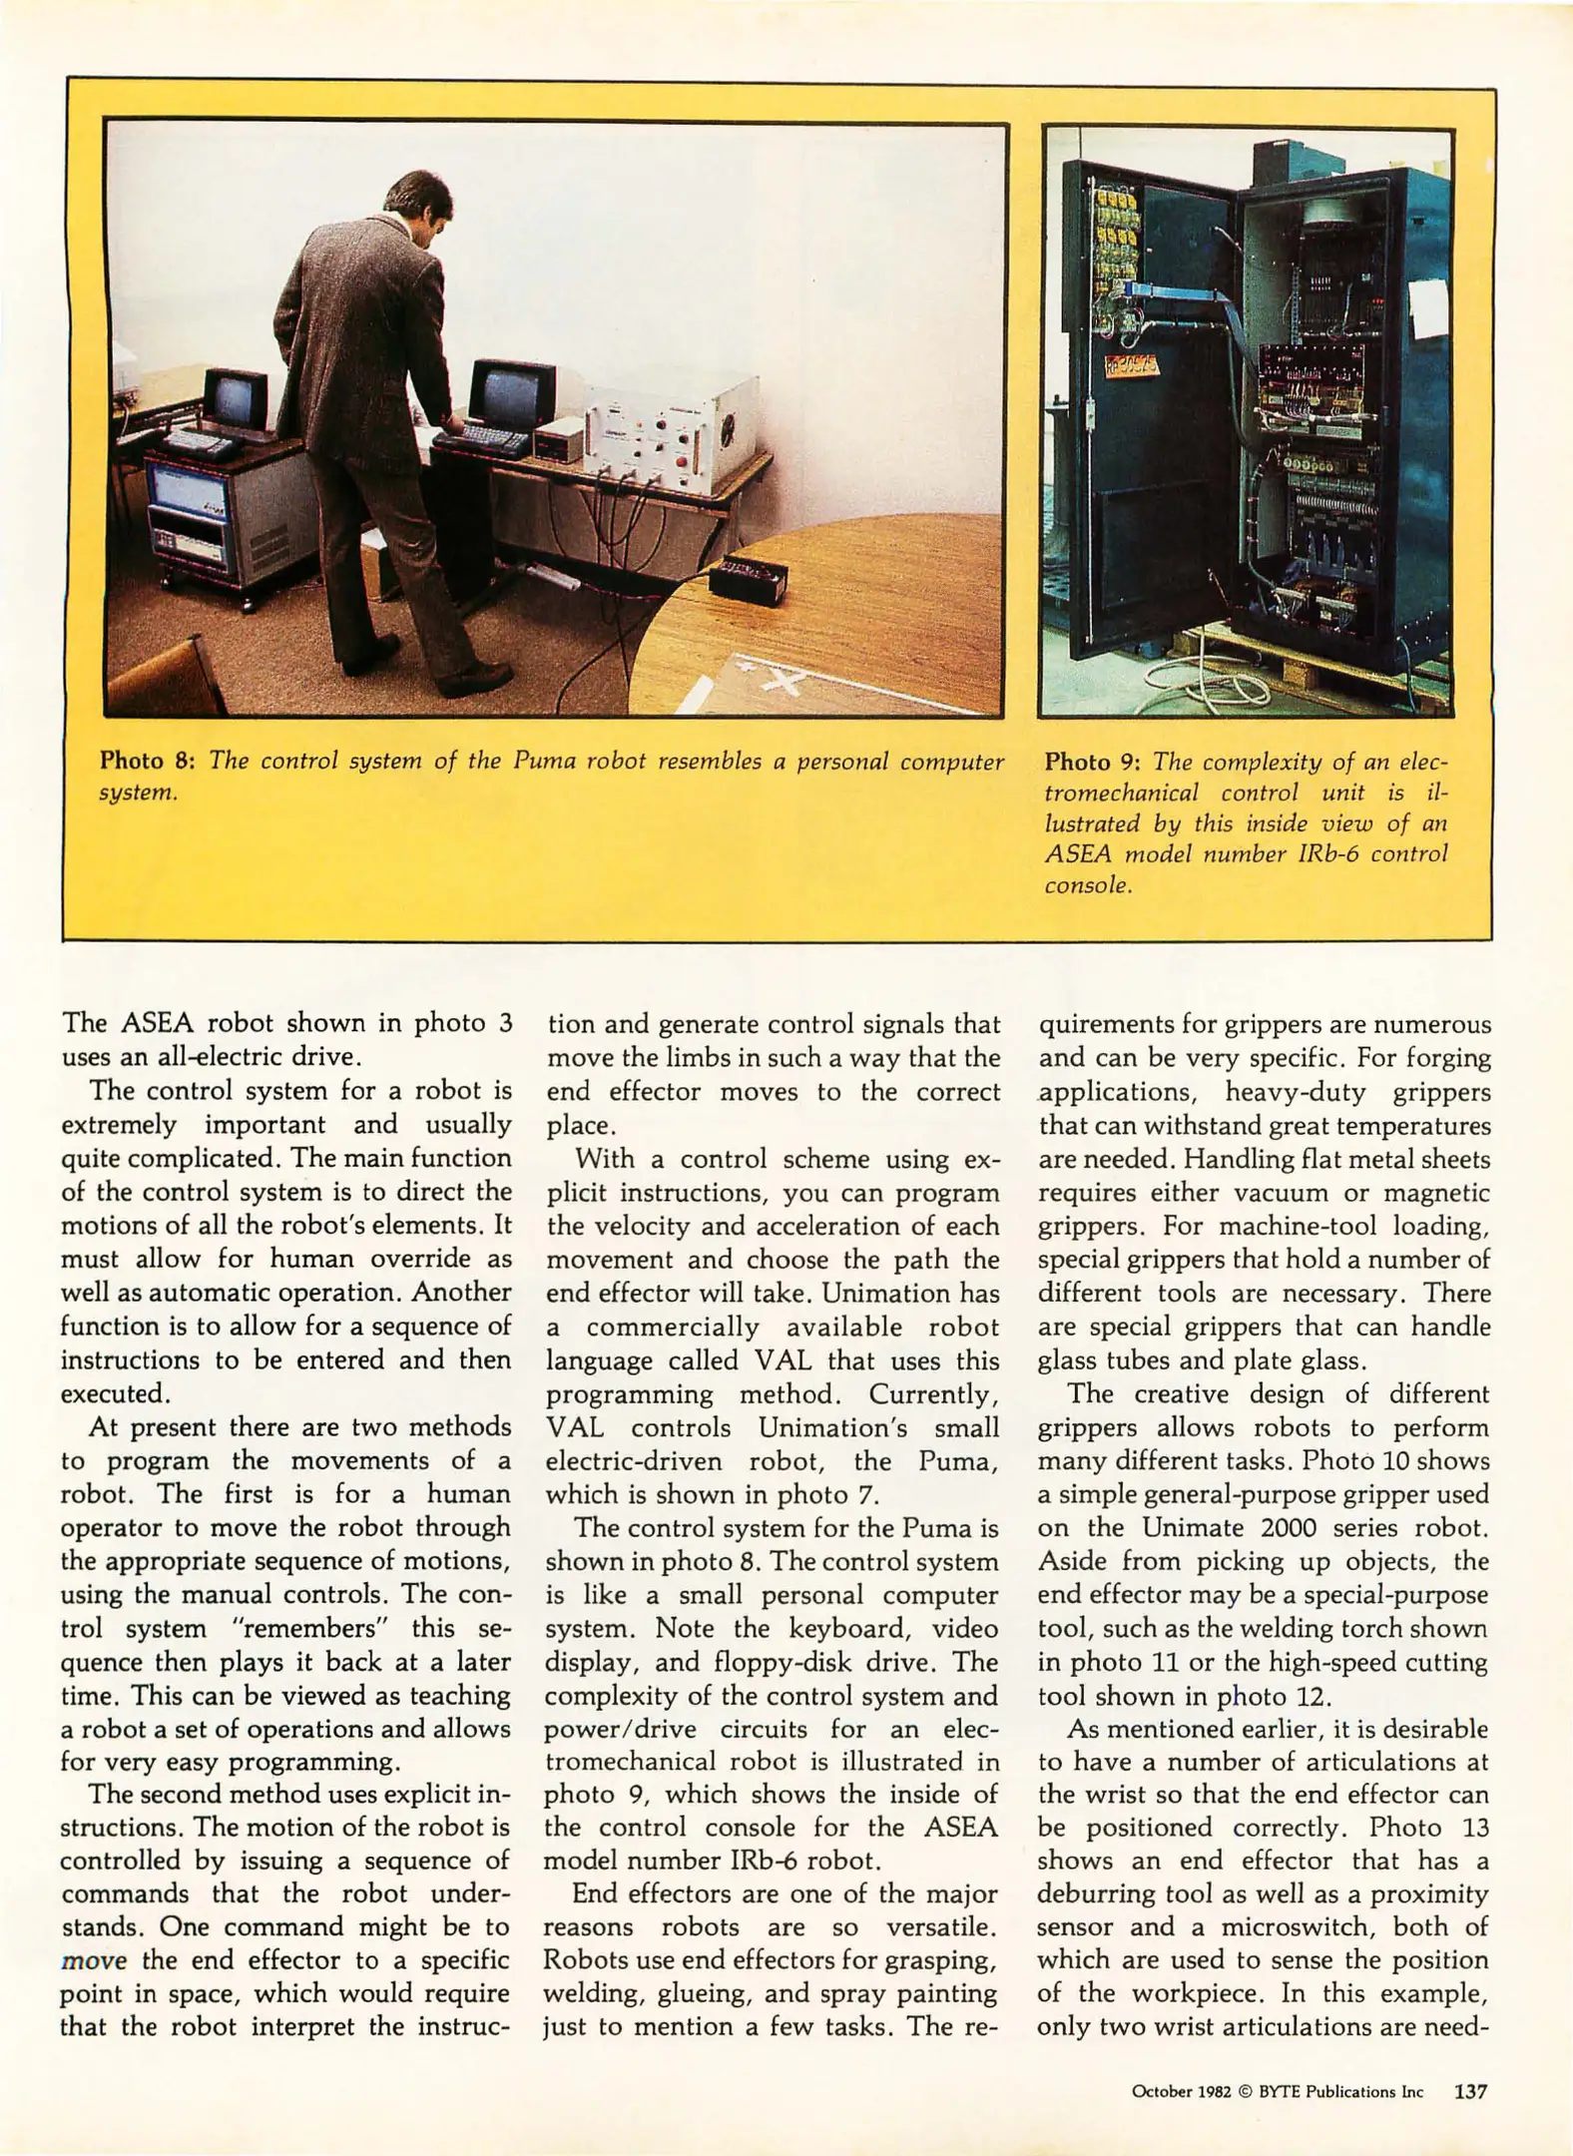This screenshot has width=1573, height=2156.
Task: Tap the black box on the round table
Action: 747,578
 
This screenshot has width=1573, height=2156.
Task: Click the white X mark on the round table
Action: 785,682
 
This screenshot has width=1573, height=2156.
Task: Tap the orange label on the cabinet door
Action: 1130,367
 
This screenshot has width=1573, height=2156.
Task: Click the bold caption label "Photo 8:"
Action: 147,762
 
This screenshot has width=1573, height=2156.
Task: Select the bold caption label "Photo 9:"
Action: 1092,763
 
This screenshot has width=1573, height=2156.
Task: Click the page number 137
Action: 1470,2091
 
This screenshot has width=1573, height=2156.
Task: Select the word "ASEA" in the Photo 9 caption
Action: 1078,854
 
